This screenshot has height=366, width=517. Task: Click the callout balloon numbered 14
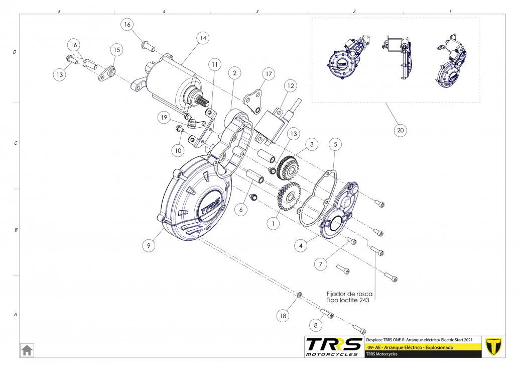click(203, 38)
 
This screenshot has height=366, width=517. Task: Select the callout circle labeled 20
click(400, 130)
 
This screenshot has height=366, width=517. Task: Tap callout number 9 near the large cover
click(149, 245)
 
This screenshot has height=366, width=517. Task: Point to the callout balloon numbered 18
click(284, 316)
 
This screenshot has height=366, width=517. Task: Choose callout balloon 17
click(269, 74)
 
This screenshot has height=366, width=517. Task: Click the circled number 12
click(291, 86)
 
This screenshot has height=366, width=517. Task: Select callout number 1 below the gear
click(274, 223)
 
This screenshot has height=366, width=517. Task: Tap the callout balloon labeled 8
click(316, 326)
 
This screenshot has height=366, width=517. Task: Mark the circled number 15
click(117, 50)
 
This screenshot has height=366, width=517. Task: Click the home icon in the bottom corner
click(27, 349)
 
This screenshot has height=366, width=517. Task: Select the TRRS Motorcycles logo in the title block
click(334, 346)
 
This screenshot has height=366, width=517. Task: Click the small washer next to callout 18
click(300, 294)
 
